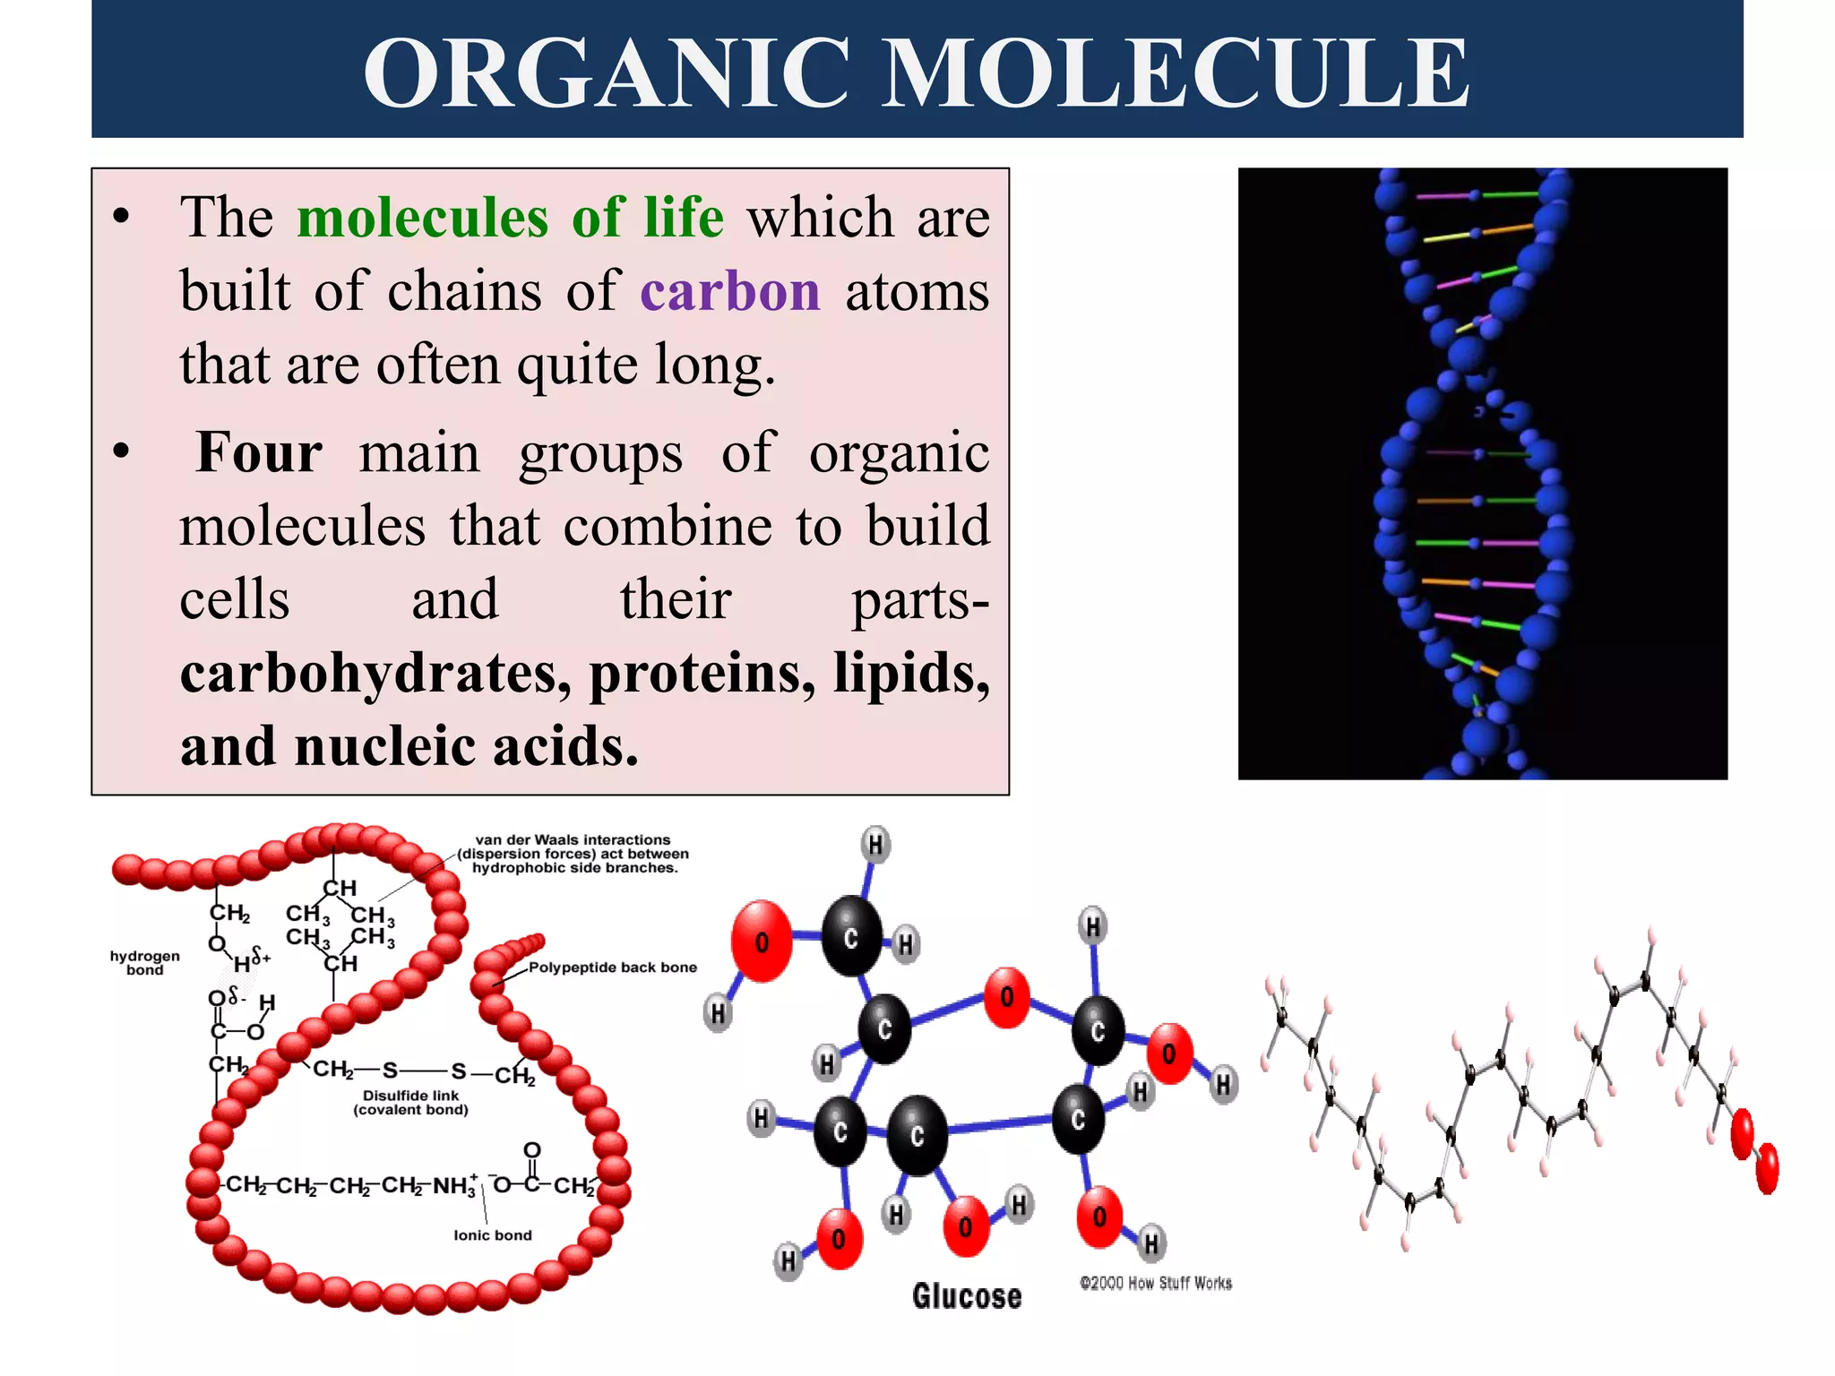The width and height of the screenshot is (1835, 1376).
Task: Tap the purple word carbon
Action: tap(730, 292)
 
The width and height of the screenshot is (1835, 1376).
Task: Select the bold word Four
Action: tap(259, 452)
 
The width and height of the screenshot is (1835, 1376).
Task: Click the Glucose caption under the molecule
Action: tap(967, 1296)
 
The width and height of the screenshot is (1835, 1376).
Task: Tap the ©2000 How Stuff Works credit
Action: tap(1156, 1283)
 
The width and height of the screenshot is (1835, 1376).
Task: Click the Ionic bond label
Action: tap(492, 1235)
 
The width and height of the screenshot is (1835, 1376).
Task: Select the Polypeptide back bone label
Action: tap(612, 967)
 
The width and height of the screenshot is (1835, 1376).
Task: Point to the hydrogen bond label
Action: tap(144, 963)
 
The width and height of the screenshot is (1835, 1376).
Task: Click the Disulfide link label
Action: tap(410, 1103)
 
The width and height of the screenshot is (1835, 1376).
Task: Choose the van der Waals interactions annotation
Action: tap(573, 854)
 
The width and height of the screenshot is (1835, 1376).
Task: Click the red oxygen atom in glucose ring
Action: tap(1007, 997)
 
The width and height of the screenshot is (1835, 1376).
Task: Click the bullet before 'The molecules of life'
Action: tap(121, 218)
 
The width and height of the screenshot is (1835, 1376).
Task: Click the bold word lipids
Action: tap(910, 674)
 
